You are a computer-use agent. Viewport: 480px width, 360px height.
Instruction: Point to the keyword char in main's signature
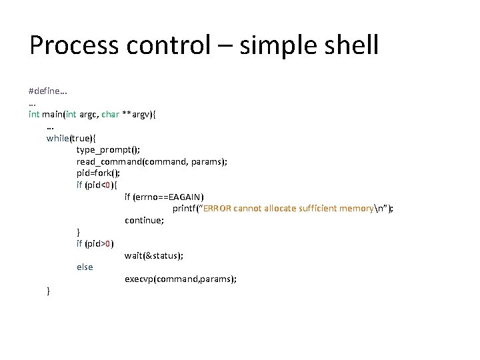(110, 114)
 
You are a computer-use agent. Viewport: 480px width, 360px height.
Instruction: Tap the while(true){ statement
(71, 138)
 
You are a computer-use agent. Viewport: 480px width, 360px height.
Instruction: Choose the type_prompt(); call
(108, 150)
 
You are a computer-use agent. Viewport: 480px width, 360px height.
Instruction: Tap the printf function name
(186, 209)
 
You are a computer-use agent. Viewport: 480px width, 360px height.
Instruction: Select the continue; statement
(144, 220)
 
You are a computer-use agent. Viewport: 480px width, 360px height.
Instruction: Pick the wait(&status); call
(153, 255)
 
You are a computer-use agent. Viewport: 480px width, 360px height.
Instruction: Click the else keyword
(85, 267)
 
